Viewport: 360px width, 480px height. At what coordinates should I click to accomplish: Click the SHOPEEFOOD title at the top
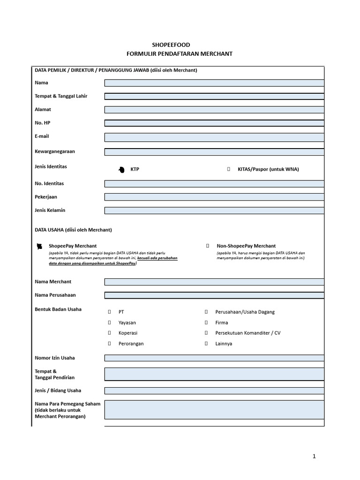(180, 45)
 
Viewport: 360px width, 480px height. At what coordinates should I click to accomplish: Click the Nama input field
(214, 83)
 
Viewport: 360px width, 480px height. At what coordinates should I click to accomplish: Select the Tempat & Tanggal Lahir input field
(214, 96)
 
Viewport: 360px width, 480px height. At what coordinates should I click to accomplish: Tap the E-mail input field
(214, 137)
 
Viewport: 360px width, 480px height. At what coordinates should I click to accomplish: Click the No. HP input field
(214, 123)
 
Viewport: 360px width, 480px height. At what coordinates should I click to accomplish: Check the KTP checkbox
(121, 169)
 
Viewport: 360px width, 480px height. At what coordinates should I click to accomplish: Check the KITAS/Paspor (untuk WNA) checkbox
(228, 169)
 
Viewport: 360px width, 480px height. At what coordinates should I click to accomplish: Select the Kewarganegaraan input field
(214, 152)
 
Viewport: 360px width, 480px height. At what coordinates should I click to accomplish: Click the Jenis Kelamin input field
(214, 210)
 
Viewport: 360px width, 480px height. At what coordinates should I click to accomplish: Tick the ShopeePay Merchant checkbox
(40, 246)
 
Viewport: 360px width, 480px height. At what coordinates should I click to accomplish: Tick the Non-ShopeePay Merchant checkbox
(208, 246)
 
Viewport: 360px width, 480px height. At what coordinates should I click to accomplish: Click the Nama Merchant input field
(214, 282)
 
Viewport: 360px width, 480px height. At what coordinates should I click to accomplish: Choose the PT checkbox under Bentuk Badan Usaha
(109, 312)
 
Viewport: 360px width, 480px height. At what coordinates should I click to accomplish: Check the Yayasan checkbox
(109, 322)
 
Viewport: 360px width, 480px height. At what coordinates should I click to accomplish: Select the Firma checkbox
(206, 322)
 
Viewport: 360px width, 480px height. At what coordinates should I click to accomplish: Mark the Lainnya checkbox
(206, 344)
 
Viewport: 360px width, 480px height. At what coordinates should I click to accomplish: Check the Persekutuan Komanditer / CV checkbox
(206, 333)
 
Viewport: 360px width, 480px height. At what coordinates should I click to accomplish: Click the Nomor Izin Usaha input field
(214, 358)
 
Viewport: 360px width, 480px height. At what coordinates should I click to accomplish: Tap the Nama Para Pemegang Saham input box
(214, 409)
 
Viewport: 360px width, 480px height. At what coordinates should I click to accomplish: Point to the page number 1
(315, 456)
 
